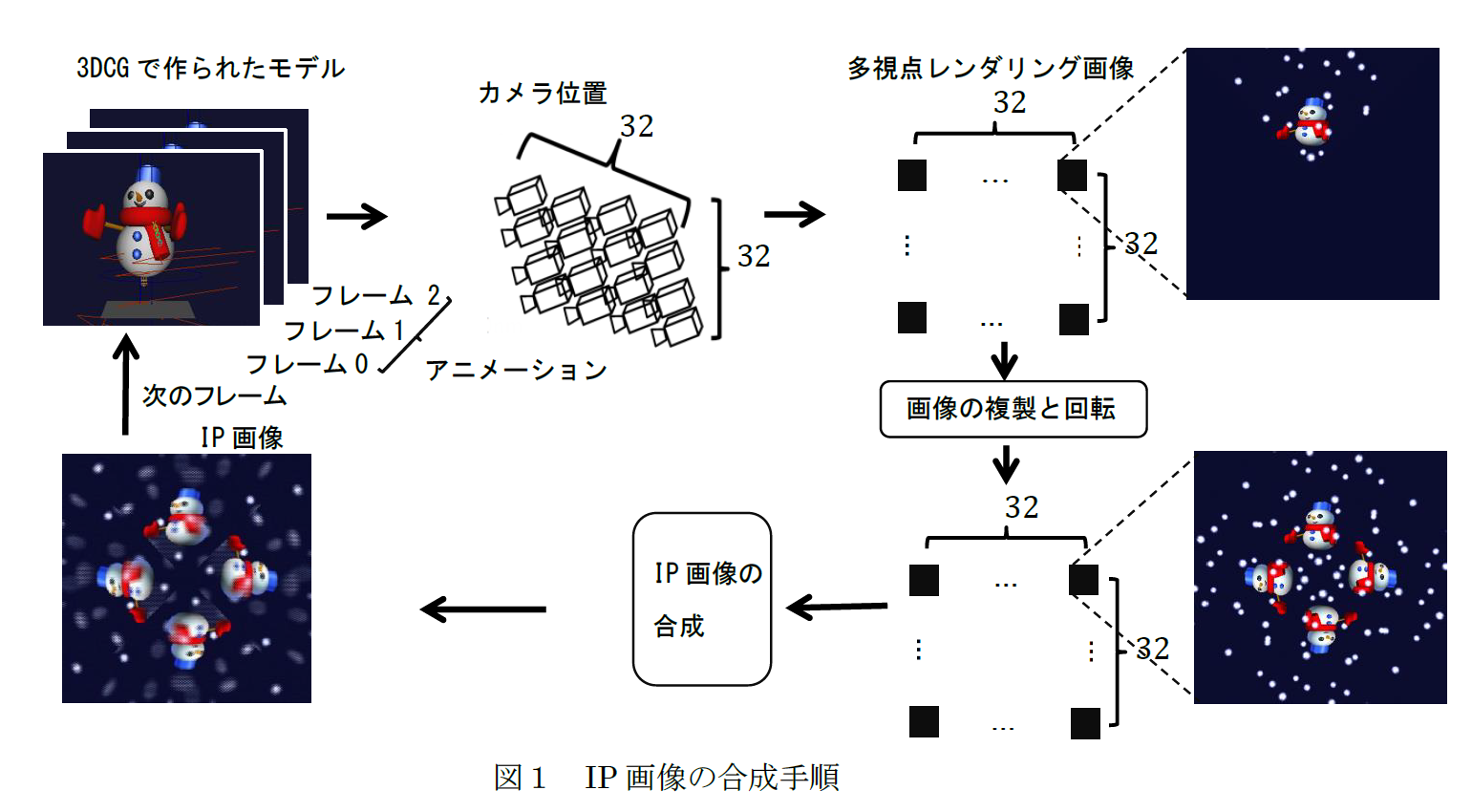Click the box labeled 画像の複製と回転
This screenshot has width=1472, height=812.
tap(1013, 409)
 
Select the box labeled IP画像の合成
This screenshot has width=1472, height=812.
tap(702, 599)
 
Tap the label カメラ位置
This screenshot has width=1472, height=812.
tap(543, 93)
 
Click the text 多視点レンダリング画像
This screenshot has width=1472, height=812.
tap(991, 68)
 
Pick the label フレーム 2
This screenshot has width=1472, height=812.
tap(376, 295)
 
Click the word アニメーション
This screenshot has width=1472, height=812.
tap(516, 370)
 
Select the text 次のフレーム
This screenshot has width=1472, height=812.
tap(214, 395)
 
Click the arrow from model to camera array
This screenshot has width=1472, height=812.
tap(356, 217)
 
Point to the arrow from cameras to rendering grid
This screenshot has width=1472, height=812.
tap(794, 215)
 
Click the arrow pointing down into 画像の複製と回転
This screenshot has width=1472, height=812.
tap(1004, 360)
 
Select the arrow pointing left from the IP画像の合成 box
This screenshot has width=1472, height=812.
tap(483, 609)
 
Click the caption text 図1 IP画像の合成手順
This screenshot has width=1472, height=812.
tap(666, 778)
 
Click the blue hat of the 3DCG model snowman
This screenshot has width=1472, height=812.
tap(147, 175)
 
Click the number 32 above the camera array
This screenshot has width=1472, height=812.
tap(636, 126)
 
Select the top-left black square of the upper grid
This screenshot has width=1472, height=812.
tap(912, 175)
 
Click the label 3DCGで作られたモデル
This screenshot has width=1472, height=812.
tap(210, 68)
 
